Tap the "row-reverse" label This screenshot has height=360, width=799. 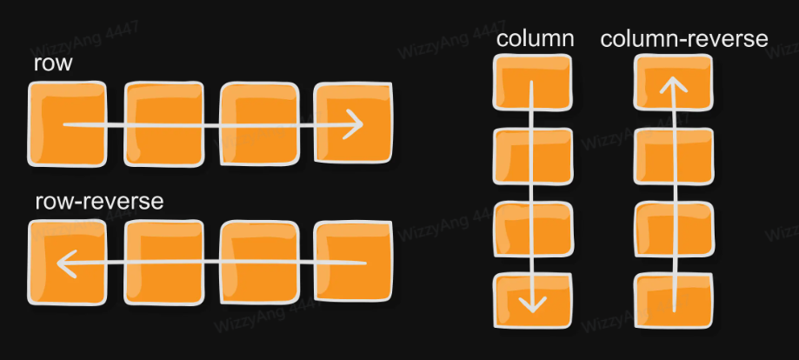[99, 202]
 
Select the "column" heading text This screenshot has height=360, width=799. [535, 39]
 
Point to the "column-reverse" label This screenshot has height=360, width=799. [684, 39]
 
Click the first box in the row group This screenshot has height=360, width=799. [67, 123]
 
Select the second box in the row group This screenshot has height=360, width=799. [164, 123]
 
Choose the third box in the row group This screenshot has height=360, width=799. [259, 123]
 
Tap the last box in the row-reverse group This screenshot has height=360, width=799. [353, 262]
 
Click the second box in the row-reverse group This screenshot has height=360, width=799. [164, 263]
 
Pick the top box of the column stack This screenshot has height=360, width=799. [533, 82]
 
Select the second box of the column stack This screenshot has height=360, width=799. [533, 156]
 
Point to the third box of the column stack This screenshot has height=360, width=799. [533, 229]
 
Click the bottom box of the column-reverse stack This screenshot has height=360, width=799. [674, 301]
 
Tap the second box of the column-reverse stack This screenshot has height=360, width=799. [674, 156]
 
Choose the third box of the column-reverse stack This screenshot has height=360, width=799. [674, 229]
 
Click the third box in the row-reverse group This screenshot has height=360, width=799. [259, 263]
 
